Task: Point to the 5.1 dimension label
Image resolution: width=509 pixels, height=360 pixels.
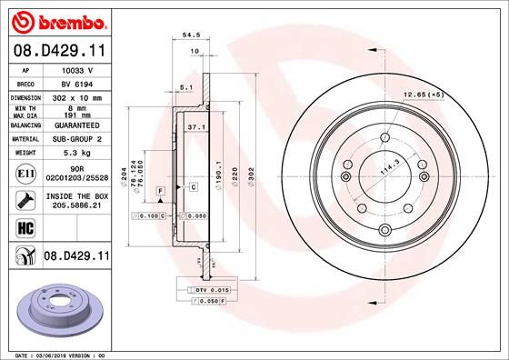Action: coord(186,87)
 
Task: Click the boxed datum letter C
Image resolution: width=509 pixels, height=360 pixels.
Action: coord(194,186)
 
